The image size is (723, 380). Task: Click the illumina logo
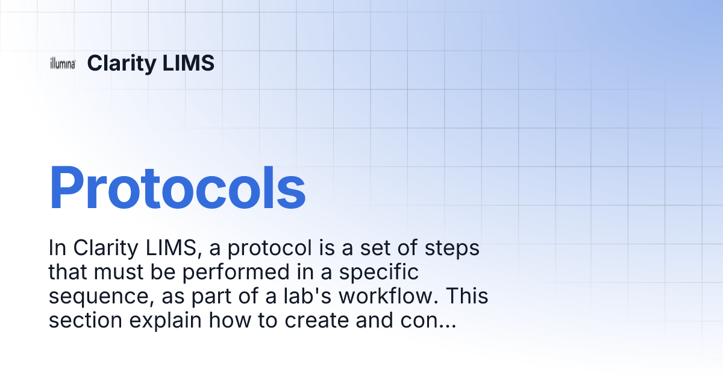(x=62, y=64)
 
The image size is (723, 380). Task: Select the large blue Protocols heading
(x=177, y=188)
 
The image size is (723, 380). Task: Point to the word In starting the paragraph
(x=56, y=249)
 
